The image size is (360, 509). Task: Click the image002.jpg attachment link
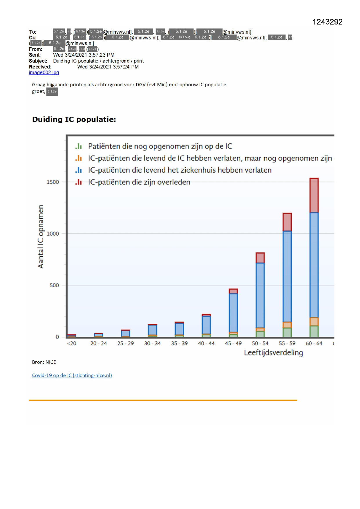pos(44,73)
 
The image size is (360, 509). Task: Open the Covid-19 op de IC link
pos(72,375)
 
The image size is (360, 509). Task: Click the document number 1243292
pos(327,22)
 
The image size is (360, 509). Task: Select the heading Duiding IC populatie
pos(74,120)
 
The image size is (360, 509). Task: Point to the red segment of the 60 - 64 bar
pos(314,195)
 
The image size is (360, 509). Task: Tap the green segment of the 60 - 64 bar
pos(314,331)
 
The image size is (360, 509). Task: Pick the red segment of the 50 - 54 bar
pos(260,258)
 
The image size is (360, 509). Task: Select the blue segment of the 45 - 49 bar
pos(233,313)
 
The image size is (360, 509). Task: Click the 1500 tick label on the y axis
pos(53,182)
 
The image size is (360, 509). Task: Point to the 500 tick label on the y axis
pos(54,285)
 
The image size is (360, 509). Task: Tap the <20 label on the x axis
pos(72,344)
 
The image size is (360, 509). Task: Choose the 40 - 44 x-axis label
pos(206,344)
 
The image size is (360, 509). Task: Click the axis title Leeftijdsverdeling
pos(273,353)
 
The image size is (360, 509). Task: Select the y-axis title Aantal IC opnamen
pos(41,237)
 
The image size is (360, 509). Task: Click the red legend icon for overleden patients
pos(79,182)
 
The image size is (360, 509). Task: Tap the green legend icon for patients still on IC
pos(79,146)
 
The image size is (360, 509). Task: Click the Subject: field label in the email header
pos(38,61)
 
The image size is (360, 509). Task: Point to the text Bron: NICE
pos(44,362)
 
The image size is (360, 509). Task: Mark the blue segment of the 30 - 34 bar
pos(152,330)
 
